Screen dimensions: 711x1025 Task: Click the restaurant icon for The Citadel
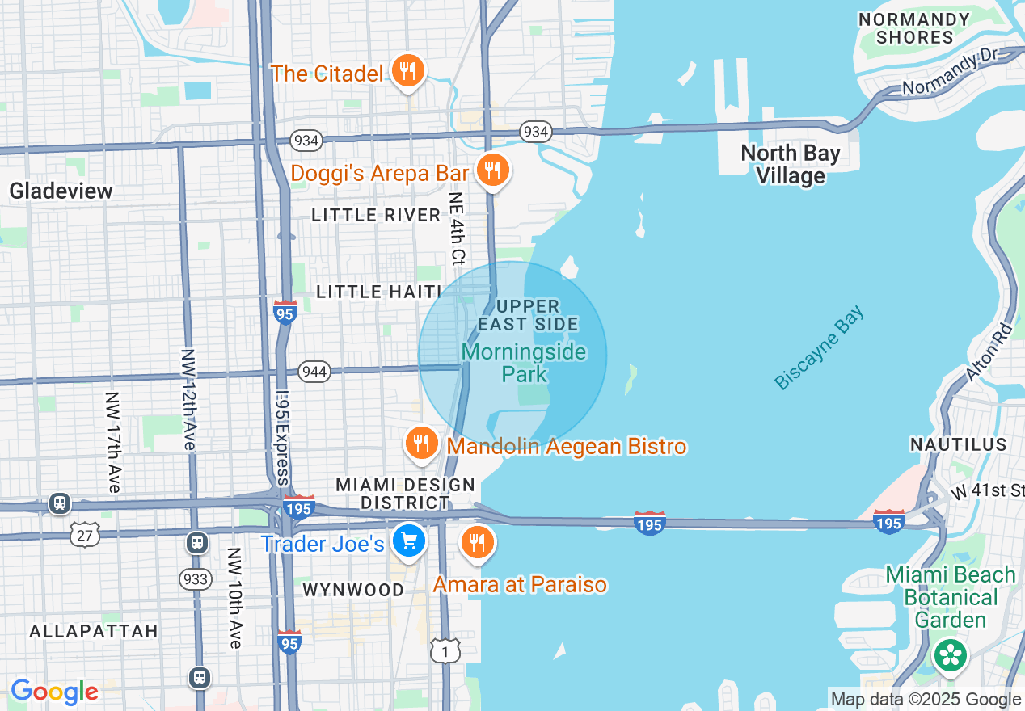pos(408,72)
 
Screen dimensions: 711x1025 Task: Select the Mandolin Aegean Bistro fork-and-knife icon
pos(421,444)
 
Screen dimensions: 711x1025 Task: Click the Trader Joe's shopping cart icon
pos(409,541)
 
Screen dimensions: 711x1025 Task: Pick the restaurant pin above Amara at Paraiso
pos(478,542)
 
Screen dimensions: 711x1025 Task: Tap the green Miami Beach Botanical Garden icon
pos(950,654)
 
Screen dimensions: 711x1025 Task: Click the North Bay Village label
pos(790,164)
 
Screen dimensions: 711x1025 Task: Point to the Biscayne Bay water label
pos(819,347)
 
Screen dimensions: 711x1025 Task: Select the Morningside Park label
pos(523,364)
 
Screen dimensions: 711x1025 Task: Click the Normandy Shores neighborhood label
pos(915,28)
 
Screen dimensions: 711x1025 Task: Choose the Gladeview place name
pos(61,191)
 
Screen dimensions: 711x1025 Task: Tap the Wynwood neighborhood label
pos(353,590)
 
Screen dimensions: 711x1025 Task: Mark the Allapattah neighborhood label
pos(94,631)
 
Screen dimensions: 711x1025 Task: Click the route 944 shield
pos(314,372)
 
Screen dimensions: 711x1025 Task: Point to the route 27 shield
pos(85,535)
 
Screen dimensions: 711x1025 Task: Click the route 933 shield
pos(196,578)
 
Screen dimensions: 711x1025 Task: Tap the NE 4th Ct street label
pos(458,230)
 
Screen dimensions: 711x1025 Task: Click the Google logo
pos(54,692)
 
